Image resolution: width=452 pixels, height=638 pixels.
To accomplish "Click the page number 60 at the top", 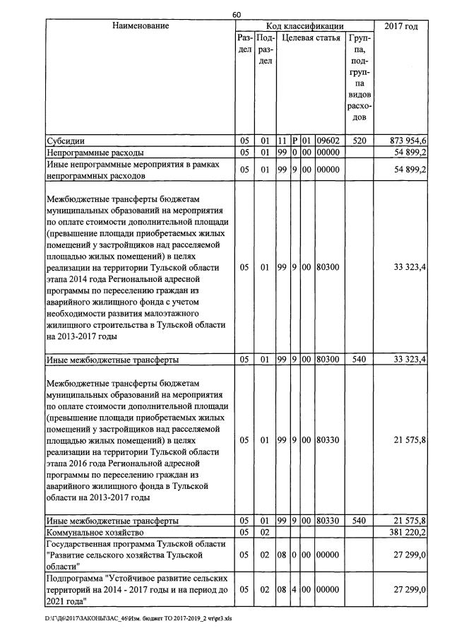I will (237, 15).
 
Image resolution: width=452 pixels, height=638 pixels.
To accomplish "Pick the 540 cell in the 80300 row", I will (359, 360).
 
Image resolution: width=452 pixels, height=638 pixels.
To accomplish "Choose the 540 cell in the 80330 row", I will (359, 521).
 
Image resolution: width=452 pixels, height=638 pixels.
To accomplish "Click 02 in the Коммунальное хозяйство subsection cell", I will (264, 531).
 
